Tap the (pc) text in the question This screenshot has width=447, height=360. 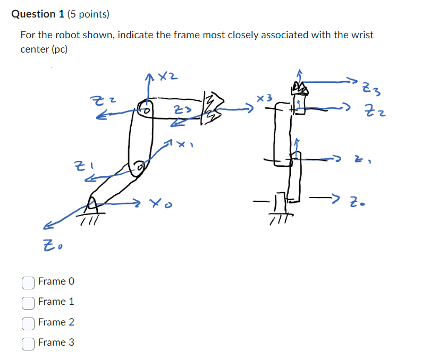coord(59,49)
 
